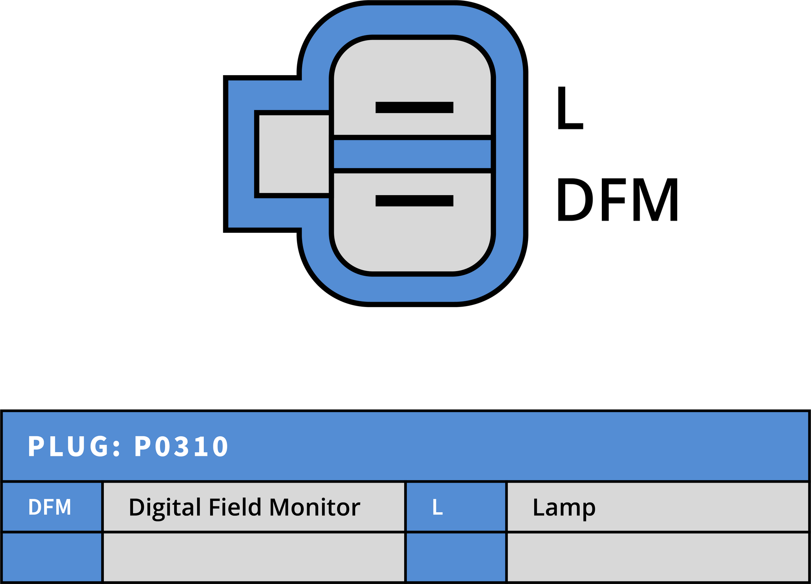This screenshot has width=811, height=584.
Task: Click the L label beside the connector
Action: (570, 108)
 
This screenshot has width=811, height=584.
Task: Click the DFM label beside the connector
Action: (617, 199)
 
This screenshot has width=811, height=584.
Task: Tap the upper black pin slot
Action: (414, 107)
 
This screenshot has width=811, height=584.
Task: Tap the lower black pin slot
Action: (414, 201)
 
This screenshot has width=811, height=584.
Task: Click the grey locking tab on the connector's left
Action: (294, 154)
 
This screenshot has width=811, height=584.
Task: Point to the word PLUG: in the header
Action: (74, 446)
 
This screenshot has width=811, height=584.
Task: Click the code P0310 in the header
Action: (181, 446)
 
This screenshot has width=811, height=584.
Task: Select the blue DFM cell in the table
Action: (52, 507)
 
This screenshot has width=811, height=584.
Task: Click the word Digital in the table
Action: (165, 508)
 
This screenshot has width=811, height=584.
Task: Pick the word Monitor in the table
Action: (314, 507)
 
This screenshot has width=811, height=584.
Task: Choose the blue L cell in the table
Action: (456, 507)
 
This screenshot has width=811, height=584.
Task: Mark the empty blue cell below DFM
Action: (52, 557)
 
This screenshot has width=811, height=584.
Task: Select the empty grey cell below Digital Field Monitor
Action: (254, 557)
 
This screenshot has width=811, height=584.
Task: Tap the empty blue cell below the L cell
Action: (456, 557)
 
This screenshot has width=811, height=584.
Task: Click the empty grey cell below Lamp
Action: (658, 557)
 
